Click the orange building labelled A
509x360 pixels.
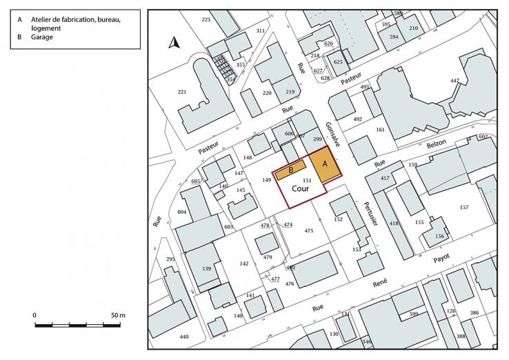pos(323,166)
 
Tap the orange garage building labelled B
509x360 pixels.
pos(291,170)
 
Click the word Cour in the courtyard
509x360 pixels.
pos(299,187)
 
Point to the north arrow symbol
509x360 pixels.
pos(174,44)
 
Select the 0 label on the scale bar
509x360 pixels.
pos(35,315)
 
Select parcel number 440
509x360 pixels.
pos(183,337)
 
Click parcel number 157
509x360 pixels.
pos(464,208)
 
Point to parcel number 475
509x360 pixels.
pos(309,231)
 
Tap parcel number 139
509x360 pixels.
pos(206,268)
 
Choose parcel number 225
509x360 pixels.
pos(206,20)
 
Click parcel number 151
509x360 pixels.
pos(308,180)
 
